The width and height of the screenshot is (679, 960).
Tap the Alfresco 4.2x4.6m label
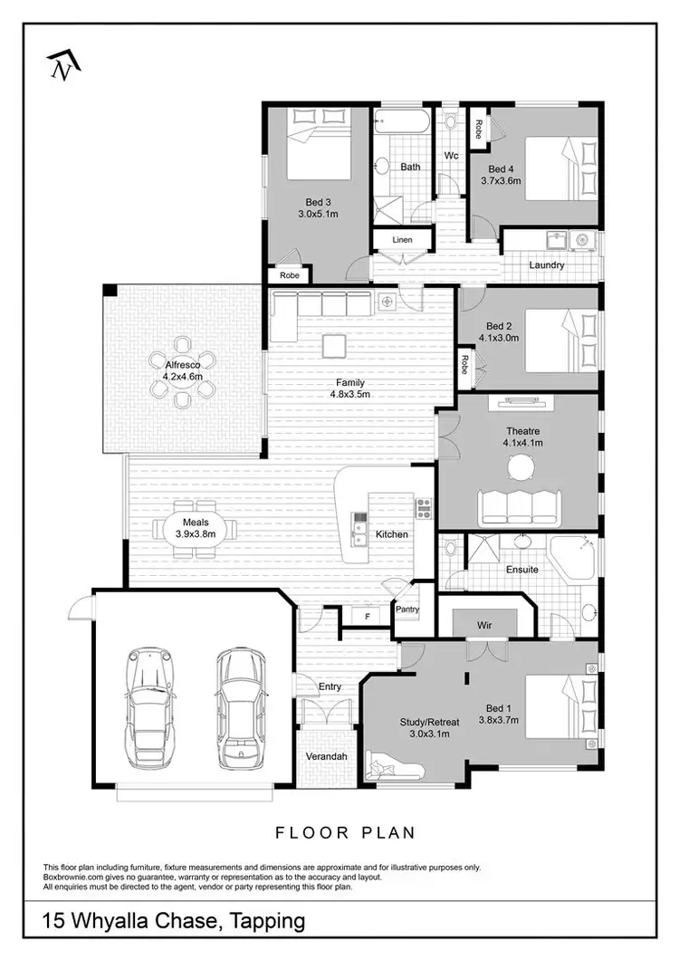click(x=183, y=370)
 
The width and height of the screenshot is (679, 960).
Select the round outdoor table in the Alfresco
click(x=183, y=369)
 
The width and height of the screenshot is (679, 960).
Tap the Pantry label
click(x=407, y=610)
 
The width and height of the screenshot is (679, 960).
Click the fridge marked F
click(x=367, y=616)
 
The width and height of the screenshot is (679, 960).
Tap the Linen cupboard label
click(x=402, y=240)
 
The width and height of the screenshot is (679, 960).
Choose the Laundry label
click(x=547, y=265)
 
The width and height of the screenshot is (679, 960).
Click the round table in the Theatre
click(x=521, y=467)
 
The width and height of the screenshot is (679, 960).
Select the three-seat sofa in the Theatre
click(x=519, y=507)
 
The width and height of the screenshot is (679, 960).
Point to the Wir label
click(x=484, y=624)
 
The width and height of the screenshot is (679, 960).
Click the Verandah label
click(x=326, y=755)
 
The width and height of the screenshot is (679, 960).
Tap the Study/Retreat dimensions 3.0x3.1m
click(x=425, y=734)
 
